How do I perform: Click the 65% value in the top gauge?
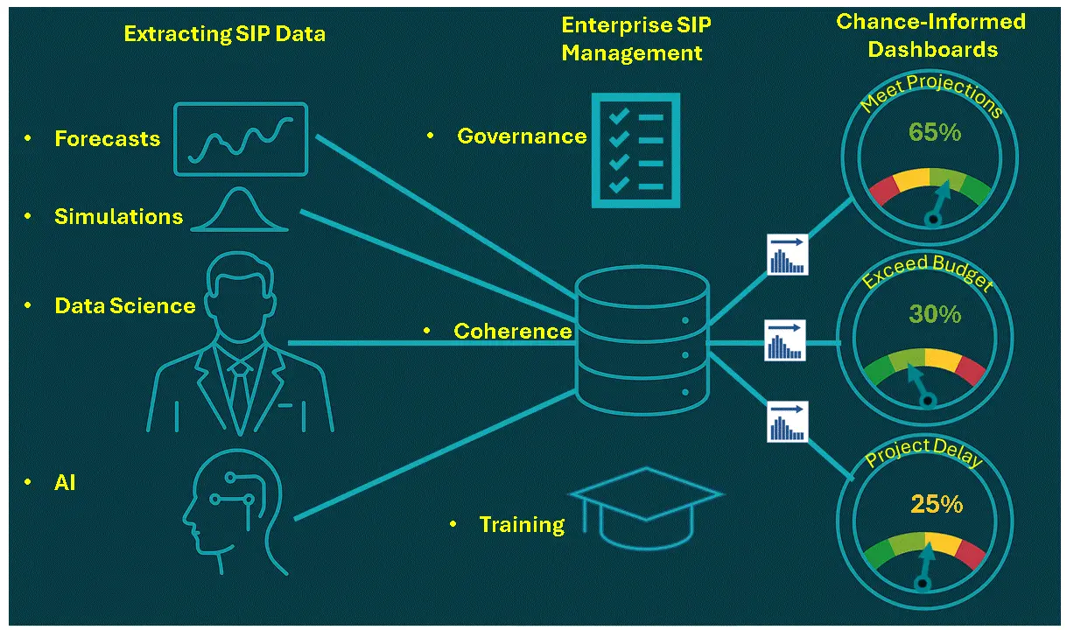coord(935,132)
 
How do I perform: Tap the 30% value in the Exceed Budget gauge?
coord(935,314)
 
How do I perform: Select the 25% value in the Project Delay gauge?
coord(937,504)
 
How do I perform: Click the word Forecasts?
coord(108,138)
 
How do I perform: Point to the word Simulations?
coord(119,216)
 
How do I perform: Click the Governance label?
coord(522,136)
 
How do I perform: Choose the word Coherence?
coord(513,331)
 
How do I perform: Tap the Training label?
coord(522,525)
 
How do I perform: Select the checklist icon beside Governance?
coord(635,150)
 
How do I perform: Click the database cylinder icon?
coord(642,340)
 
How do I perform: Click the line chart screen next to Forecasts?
coord(241,139)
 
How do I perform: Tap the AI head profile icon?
coord(235,512)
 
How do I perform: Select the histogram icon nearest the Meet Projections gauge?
coord(788,255)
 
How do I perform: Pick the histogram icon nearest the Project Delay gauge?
coord(788,422)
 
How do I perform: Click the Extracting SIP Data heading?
coord(225,34)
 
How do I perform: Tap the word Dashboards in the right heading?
coord(933,50)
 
